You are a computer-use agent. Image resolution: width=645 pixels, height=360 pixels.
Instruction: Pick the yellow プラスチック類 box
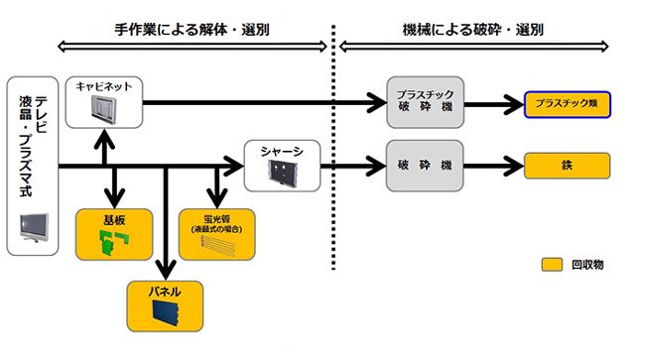pyautogui.click(x=566, y=104)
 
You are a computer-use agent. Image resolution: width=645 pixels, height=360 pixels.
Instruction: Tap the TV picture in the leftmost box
pyautogui.click(x=33, y=229)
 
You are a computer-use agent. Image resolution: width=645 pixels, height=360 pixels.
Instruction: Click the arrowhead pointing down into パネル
pyautogui.click(x=166, y=270)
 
